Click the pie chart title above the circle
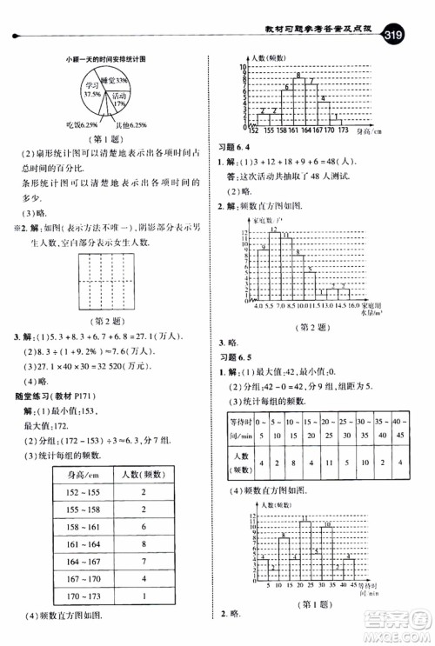click(x=110, y=58)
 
